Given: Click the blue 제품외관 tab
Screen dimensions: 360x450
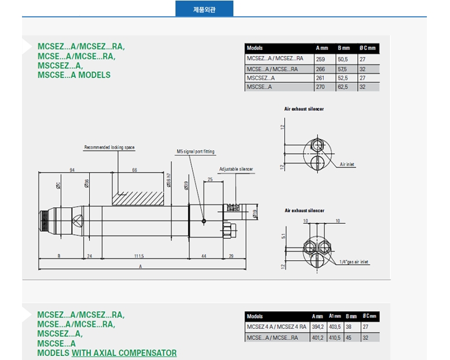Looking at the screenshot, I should tap(204, 9).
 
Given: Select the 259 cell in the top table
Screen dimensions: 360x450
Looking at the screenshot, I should tap(321, 59).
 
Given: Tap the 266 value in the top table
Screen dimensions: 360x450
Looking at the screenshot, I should tap(321, 68).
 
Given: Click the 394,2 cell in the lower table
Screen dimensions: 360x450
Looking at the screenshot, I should tap(317, 327).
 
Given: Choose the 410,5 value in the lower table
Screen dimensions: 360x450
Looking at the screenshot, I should tap(335, 337).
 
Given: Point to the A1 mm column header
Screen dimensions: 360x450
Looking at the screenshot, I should tap(334, 317).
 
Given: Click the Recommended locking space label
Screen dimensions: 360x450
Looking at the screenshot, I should tap(109, 147).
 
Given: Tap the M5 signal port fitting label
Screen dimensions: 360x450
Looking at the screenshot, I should tap(195, 151).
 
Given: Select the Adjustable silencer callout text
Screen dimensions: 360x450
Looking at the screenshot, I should tap(236, 169).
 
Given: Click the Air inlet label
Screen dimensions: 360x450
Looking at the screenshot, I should tap(347, 165).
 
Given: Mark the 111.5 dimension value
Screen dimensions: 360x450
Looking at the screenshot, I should tap(138, 256).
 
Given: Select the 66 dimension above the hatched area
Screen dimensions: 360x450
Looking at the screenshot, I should tap(134, 170).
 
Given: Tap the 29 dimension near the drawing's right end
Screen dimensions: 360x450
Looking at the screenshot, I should tap(231, 256).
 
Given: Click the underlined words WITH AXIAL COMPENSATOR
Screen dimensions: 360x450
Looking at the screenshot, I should tap(124, 352).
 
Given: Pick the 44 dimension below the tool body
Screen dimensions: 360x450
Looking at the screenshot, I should tap(203, 256).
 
